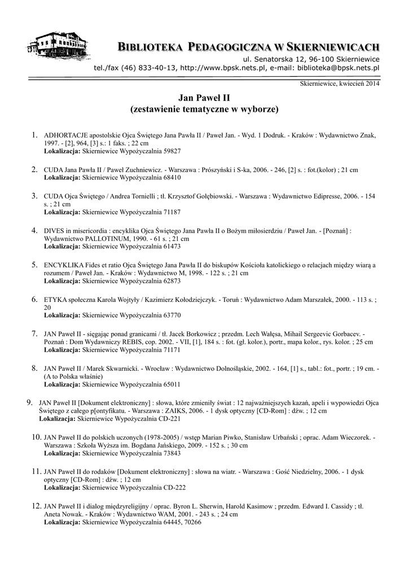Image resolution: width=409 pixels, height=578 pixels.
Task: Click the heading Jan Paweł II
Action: click(204, 98)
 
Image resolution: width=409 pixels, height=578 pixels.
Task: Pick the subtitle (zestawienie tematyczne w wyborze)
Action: click(204, 108)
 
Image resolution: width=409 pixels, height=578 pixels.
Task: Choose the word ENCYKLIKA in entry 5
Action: click(61, 265)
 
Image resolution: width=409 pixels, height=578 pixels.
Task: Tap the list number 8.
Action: click(34, 368)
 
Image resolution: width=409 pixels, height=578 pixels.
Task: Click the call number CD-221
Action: click(169, 419)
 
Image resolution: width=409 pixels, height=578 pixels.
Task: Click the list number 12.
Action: click(36, 506)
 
